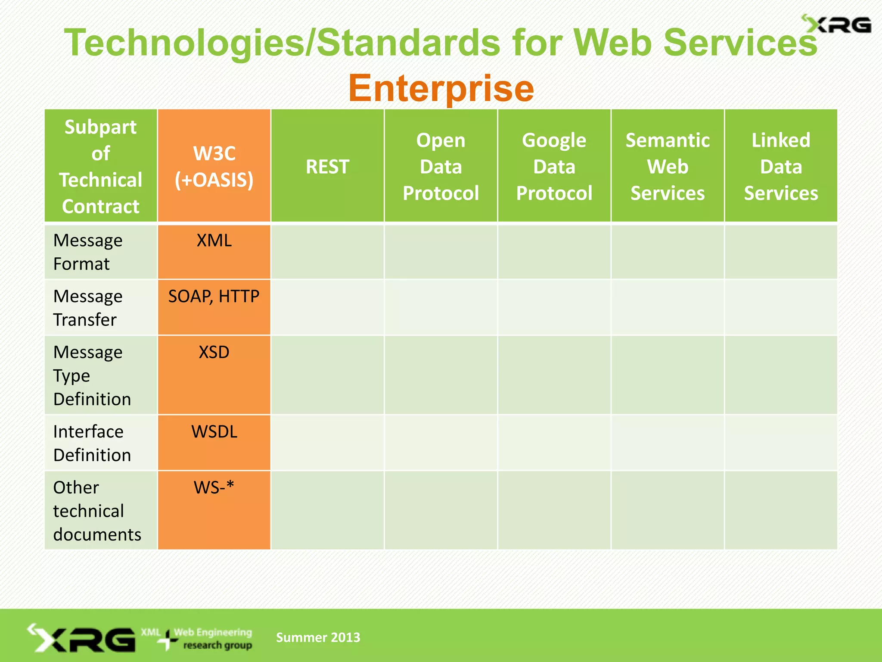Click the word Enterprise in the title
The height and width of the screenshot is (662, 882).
441,88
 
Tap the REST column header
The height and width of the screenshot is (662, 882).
327,166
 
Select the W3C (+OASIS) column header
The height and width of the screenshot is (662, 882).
214,166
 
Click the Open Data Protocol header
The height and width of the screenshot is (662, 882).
441,166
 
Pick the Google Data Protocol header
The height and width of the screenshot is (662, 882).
554,166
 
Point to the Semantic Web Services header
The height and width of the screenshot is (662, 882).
667,166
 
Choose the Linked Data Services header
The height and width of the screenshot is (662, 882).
781,166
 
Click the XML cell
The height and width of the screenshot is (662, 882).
214,240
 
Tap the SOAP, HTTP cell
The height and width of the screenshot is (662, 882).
214,297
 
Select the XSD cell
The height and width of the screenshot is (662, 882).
214,353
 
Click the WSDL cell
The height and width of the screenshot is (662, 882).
214,432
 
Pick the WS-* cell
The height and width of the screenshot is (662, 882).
214,488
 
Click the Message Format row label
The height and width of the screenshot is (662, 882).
88,252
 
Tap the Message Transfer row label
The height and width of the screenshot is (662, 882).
88,308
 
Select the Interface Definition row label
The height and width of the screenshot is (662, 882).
92,443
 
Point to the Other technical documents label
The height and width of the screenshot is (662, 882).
97,511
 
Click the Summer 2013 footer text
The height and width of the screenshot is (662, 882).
318,637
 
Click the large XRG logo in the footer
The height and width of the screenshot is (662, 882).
82,638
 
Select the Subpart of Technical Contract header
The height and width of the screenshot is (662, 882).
100,166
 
